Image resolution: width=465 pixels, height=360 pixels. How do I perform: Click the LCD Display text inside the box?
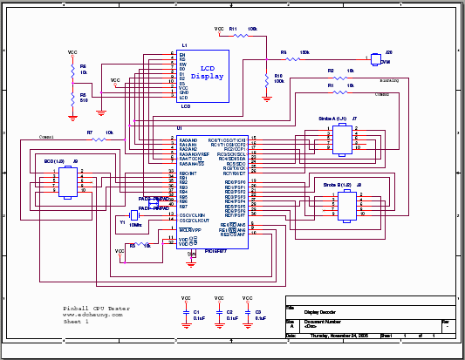click(x=208, y=71)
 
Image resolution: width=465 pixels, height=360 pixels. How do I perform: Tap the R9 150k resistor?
click(x=292, y=59)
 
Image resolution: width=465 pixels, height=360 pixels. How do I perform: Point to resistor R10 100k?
click(x=266, y=80)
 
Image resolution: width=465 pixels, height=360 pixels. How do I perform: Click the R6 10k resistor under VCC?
click(x=72, y=70)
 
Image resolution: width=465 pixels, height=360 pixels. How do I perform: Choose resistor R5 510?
click(x=72, y=98)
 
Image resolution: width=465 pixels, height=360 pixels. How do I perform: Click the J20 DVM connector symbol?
click(x=375, y=58)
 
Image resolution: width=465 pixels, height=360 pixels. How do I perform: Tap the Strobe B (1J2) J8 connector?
click(x=348, y=206)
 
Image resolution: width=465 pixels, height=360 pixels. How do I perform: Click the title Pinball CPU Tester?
click(x=96, y=309)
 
